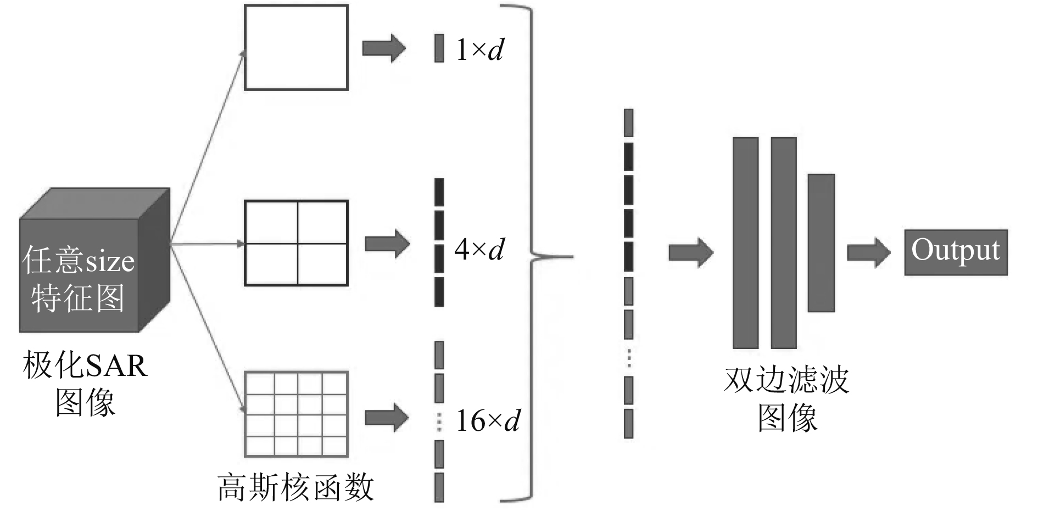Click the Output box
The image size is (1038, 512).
(956, 252)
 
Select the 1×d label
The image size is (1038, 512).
(479, 50)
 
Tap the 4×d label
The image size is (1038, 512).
(479, 249)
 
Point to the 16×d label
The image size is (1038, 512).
(488, 421)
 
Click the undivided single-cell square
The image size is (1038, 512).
(296, 47)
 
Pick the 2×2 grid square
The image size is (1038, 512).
(296, 243)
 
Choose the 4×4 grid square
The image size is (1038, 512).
(296, 414)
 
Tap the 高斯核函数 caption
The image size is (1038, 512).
(295, 487)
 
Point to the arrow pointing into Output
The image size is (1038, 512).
(868, 252)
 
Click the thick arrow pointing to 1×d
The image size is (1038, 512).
(383, 48)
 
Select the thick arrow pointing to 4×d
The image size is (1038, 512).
(387, 244)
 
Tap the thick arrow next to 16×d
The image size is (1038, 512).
(387, 418)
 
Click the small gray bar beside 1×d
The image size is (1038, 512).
(439, 48)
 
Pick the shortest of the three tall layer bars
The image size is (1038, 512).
(821, 243)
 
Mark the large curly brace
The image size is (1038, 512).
(533, 255)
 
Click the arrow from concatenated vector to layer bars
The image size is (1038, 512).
(690, 252)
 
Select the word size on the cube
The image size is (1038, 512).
(108, 261)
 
